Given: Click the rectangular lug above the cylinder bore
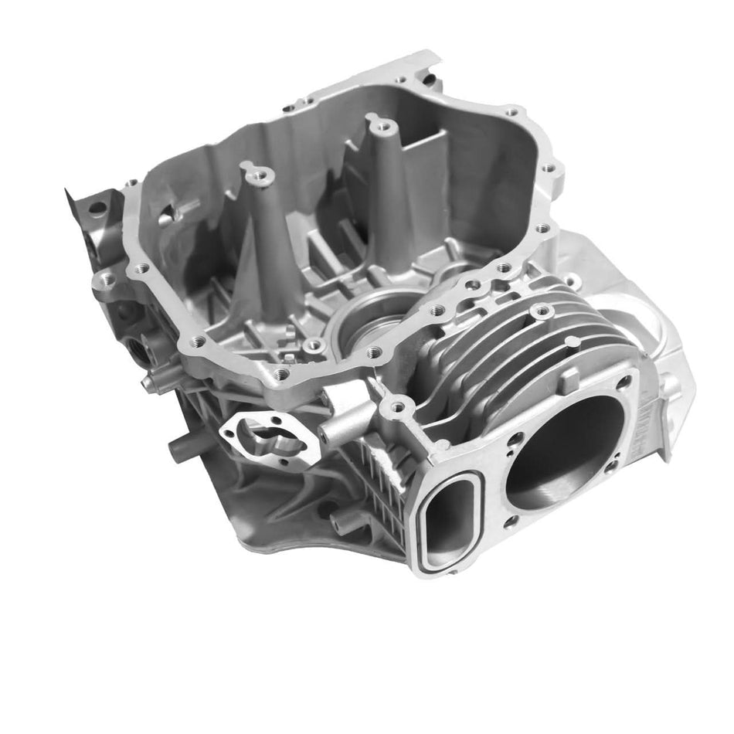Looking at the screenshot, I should [570, 379].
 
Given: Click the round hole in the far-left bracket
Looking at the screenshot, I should [96, 207].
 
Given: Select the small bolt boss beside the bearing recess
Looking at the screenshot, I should [312, 345].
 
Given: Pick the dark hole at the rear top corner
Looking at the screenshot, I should [427, 77].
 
